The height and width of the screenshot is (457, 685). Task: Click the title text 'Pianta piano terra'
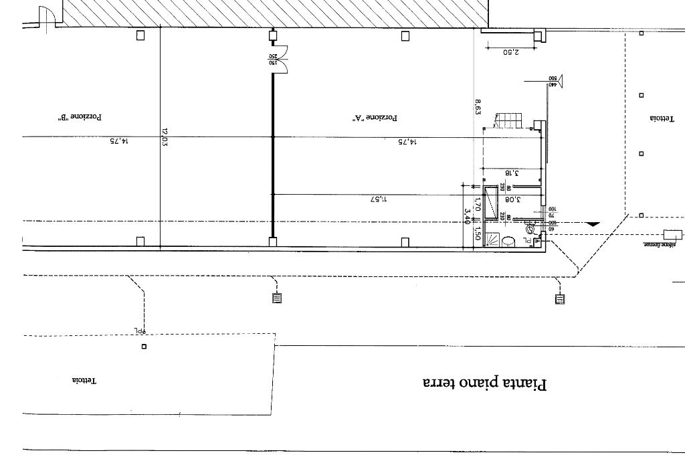[485, 384]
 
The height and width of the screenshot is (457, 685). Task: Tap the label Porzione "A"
[375, 118]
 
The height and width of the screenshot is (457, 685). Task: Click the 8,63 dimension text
[478, 108]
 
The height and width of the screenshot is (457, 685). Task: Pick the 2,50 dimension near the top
[510, 52]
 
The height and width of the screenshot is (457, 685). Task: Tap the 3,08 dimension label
[512, 199]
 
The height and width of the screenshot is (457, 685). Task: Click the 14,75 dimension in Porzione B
[118, 141]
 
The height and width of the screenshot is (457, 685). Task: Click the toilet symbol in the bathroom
[530, 229]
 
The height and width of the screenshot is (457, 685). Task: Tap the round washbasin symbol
[508, 241]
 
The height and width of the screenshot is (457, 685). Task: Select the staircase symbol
[508, 120]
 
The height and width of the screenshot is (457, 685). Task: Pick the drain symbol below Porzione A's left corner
[277, 298]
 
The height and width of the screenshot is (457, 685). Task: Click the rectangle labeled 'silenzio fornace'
[672, 234]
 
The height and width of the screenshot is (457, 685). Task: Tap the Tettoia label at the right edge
[661, 119]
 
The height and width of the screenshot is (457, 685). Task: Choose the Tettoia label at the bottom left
[84, 381]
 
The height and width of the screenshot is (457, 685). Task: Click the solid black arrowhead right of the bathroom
[592, 225]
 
